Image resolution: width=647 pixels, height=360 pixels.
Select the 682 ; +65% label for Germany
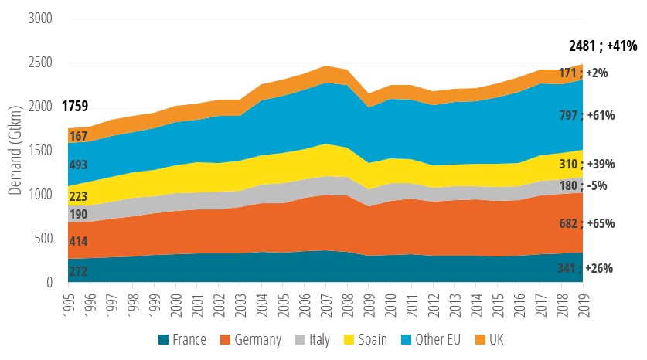[586, 223]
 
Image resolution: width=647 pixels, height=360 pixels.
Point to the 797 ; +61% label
[586, 116]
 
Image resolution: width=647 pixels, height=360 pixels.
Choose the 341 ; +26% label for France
[586, 268]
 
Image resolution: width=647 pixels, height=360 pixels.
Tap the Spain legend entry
[363, 339]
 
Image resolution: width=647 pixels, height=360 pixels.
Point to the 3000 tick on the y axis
[37, 19]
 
